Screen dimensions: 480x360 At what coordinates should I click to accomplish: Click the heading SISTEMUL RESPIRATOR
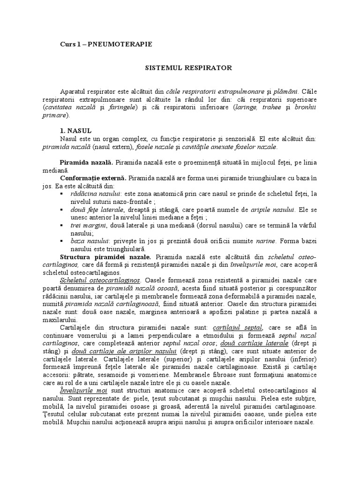pos(187,68)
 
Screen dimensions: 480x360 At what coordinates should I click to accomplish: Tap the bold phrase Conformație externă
pos(93,179)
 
